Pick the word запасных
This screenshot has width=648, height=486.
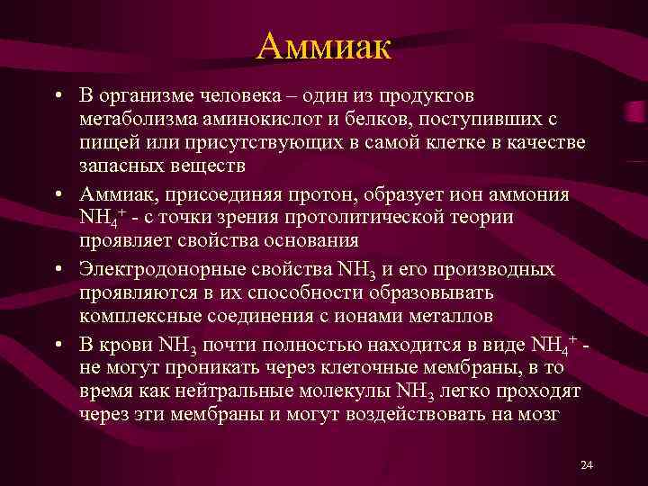113,166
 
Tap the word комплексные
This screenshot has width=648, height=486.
136,316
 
